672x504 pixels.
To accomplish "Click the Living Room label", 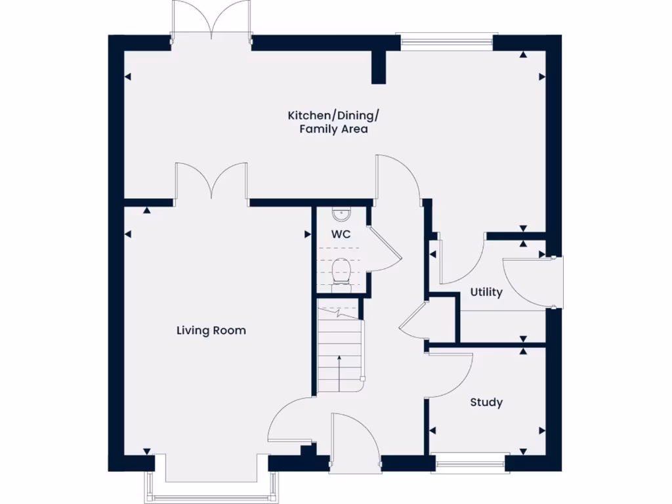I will tap(211, 330).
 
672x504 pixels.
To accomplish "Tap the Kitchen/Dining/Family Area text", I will tap(333, 123).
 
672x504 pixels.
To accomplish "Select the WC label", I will tap(341, 234).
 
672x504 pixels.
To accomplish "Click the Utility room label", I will tap(486, 292).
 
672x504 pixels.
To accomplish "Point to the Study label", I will tap(486, 402).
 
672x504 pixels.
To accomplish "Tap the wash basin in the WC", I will tap(341, 213).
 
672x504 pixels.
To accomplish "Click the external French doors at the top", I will tap(211, 23).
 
